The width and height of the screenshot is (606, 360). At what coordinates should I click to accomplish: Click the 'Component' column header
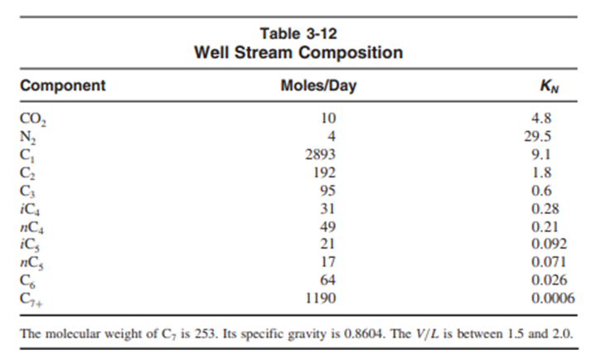point(63,85)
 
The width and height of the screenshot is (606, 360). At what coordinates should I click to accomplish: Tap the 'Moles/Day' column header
point(318,85)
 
